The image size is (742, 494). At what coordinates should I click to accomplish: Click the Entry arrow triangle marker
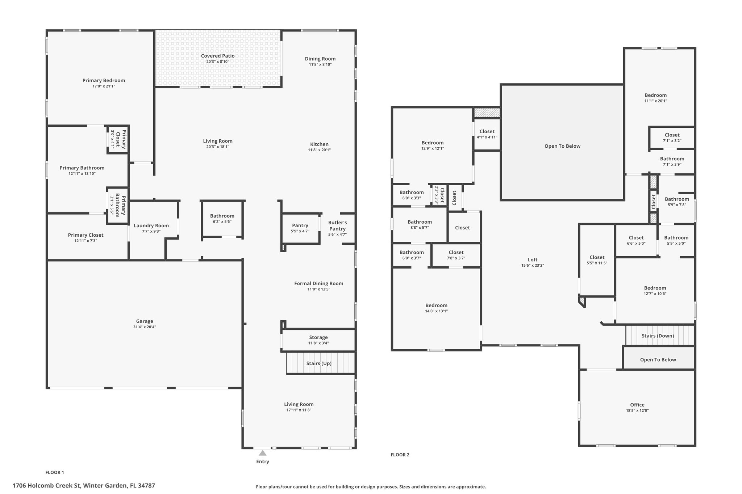(263, 453)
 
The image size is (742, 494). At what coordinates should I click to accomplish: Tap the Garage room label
(145, 321)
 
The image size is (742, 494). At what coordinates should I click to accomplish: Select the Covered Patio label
(218, 56)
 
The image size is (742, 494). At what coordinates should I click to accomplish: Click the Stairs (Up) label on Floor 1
(319, 363)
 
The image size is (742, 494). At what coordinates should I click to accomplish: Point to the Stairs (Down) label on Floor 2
(658, 335)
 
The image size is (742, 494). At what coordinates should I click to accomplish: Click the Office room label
(637, 405)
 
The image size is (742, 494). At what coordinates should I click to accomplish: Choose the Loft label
(533, 259)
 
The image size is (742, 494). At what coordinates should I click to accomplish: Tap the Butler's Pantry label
(337, 225)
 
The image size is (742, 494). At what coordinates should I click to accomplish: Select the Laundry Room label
(151, 225)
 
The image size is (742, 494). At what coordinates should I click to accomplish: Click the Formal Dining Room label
(318, 283)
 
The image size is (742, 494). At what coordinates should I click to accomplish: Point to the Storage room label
(318, 337)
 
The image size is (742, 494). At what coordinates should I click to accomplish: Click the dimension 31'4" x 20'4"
(145, 327)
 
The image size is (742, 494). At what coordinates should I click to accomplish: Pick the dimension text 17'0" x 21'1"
(104, 86)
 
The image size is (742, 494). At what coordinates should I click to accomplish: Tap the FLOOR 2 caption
(400, 455)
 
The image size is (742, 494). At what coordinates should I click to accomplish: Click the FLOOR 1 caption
(55, 472)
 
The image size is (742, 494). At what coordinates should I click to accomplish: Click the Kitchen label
(319, 144)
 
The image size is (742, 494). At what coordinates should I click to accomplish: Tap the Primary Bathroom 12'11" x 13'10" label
(82, 170)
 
